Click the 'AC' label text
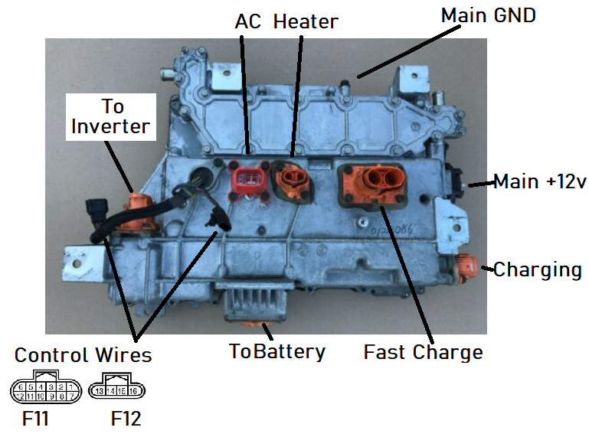click(x=248, y=21)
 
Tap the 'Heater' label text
click(x=306, y=21)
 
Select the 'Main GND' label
click(x=488, y=16)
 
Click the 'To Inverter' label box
click(x=111, y=116)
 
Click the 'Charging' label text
click(x=537, y=269)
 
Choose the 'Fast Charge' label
click(x=423, y=352)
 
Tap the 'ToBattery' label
click(x=277, y=351)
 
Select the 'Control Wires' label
click(x=83, y=355)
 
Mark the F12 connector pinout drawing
click(x=117, y=388)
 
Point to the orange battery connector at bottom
click(x=265, y=328)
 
